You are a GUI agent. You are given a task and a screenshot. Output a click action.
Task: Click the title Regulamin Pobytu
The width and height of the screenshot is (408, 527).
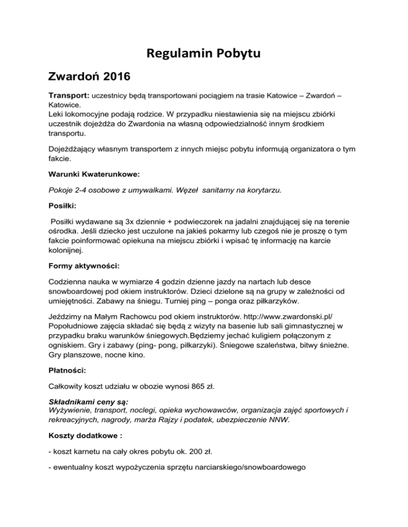(x=204, y=54)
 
